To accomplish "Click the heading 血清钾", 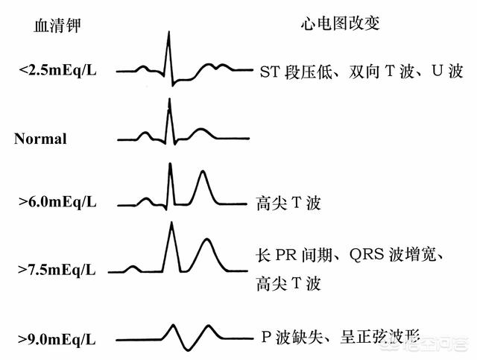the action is (57, 25).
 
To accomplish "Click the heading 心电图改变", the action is (341, 23).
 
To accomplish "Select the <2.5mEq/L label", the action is (57, 71).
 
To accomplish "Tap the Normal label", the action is (40, 139).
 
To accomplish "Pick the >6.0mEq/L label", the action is (57, 202).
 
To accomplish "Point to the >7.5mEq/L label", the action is (57, 270).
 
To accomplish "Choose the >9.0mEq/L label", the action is (57, 340).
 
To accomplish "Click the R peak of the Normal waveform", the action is (169, 99).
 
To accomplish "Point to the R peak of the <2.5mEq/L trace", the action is (169, 32).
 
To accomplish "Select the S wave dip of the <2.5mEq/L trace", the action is (173, 85).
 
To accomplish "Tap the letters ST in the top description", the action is (269, 72).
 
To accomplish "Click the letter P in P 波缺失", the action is (266, 337).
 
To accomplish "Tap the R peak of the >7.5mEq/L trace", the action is (172, 223).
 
